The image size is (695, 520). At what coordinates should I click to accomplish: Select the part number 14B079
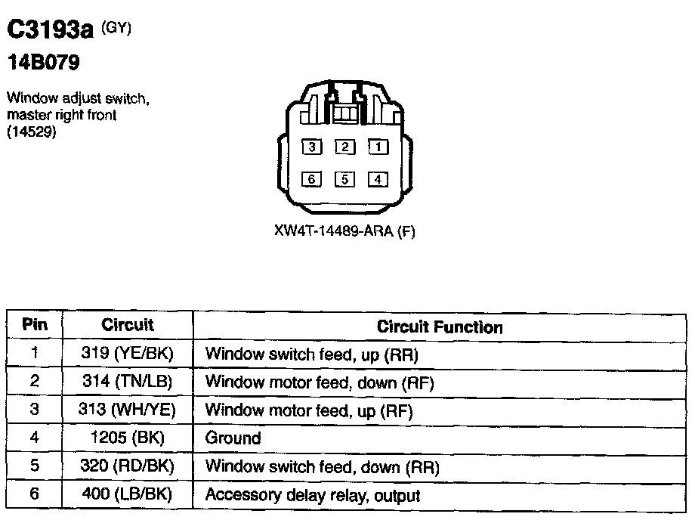(x=43, y=63)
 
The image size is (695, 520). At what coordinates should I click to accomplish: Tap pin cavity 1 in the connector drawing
(x=378, y=147)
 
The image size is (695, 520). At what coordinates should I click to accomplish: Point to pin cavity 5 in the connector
(x=344, y=179)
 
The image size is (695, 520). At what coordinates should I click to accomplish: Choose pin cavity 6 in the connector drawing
(x=311, y=179)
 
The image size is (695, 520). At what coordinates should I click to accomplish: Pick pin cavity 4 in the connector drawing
(x=378, y=179)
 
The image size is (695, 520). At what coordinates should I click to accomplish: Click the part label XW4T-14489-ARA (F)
(x=345, y=231)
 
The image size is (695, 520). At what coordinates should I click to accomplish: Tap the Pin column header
(x=35, y=325)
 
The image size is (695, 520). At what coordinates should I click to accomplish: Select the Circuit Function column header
(x=440, y=327)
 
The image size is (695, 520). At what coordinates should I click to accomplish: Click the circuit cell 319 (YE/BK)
(x=127, y=354)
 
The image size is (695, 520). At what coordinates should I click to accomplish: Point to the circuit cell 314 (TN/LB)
(x=127, y=382)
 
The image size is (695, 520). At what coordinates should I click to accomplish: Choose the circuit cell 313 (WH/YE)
(x=127, y=410)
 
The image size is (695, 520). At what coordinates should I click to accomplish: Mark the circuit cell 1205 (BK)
(x=127, y=438)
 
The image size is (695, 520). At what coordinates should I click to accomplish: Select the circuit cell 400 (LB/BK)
(x=127, y=495)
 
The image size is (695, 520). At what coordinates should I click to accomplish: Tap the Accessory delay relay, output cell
(x=313, y=496)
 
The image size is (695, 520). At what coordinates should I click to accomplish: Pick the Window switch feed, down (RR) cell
(x=322, y=467)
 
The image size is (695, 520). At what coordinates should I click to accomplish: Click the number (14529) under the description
(x=32, y=132)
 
